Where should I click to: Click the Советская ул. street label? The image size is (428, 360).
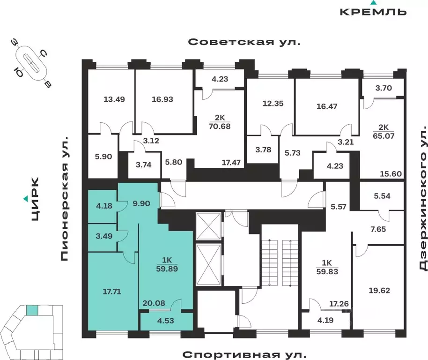click(244, 42)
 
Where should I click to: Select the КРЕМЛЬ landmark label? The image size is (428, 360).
click(373, 12)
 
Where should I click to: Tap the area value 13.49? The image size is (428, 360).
click(114, 99)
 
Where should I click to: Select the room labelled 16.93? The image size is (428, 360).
click(162, 99)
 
